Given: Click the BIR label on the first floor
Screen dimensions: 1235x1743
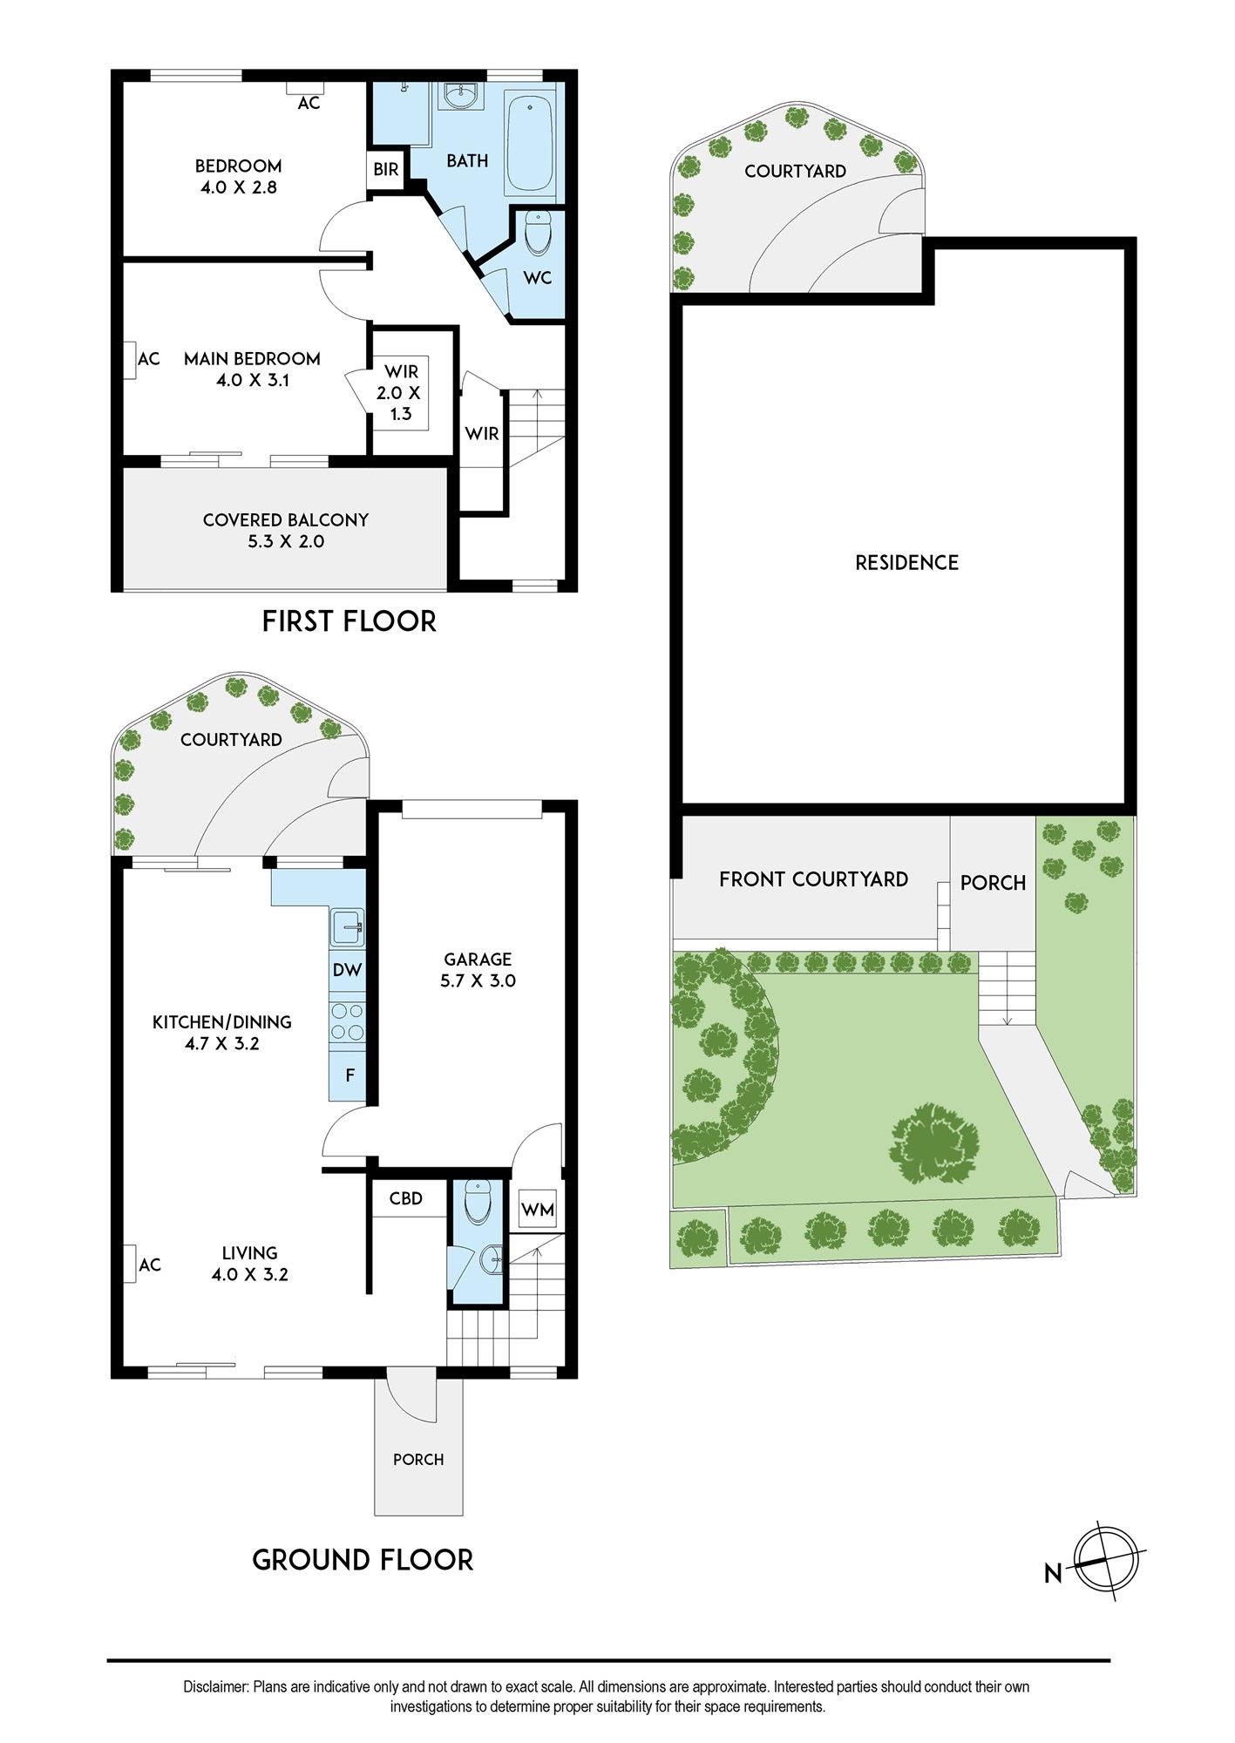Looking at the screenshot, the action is [x=385, y=169].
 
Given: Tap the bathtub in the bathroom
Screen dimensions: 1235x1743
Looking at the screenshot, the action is [x=529, y=144].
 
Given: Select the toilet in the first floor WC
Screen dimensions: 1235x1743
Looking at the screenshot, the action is [x=537, y=233].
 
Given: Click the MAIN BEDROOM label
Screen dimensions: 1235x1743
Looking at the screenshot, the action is [x=252, y=358].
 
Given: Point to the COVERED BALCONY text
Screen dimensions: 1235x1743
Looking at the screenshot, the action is [x=286, y=519].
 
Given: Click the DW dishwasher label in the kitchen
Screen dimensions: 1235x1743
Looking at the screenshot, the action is [x=347, y=970].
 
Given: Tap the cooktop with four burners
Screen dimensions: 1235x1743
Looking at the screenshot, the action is [x=347, y=1021].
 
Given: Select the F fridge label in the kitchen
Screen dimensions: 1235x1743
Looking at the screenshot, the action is [x=349, y=1075].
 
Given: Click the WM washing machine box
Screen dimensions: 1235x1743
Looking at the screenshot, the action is [x=537, y=1210].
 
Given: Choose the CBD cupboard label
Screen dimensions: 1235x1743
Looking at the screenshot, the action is [x=405, y=1198].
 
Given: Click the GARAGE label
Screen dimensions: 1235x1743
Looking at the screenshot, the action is [x=478, y=959].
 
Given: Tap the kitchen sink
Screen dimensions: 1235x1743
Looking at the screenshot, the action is [x=347, y=927].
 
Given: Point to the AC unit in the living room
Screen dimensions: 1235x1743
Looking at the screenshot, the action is [x=129, y=1265].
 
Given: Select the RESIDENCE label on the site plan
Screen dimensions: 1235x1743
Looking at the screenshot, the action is [x=906, y=562].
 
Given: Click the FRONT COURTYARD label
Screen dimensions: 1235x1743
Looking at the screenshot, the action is [x=813, y=879].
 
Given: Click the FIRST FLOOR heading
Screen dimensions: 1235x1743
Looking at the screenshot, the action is [x=349, y=621].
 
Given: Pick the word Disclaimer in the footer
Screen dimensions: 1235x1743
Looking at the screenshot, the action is [x=215, y=1687].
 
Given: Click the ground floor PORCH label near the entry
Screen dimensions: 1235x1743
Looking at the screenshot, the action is [x=418, y=1459].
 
